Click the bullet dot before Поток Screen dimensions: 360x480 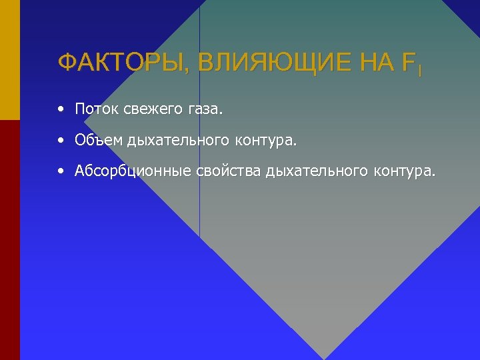point(61,108)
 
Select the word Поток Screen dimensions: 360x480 point(97,109)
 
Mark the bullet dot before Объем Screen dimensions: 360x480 point(61,140)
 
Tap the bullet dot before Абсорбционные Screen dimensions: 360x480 point(61,171)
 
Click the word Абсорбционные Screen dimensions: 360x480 point(133,172)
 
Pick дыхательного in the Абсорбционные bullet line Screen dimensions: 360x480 point(316,172)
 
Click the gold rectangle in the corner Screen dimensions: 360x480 point(10,59)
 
